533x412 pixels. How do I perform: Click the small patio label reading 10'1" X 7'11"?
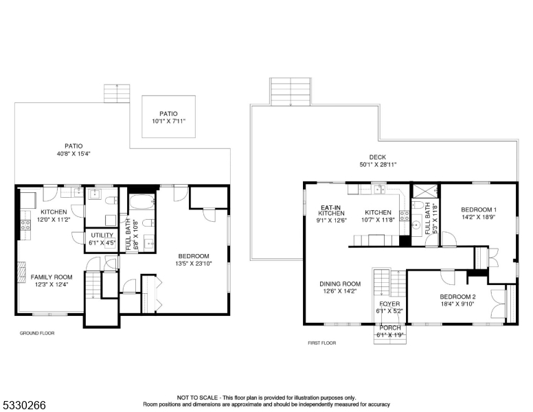(x=168, y=122)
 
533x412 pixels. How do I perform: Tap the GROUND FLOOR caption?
(x=37, y=333)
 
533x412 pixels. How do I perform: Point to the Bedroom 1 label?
(x=479, y=209)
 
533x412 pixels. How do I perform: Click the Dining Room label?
(x=340, y=284)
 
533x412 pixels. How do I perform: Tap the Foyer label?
(x=389, y=304)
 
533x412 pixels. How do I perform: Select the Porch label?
(x=389, y=328)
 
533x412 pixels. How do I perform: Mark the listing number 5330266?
(x=23, y=405)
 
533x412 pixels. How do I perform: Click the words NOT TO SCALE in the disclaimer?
(x=197, y=398)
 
